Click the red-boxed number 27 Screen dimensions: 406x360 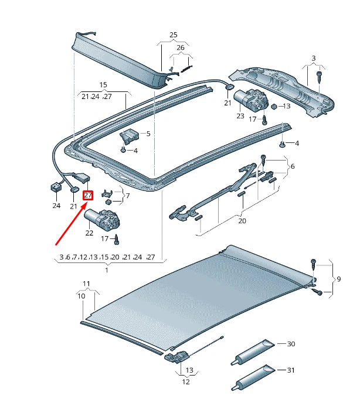(x=88, y=196)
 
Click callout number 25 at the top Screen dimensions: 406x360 (x=173, y=35)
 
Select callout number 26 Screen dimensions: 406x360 (x=181, y=47)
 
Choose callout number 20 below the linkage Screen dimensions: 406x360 (x=242, y=221)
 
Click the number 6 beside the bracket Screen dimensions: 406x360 (x=292, y=166)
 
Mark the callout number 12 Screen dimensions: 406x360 (x=186, y=382)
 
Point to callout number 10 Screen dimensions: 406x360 (x=81, y=296)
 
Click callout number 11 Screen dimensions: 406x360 (x=87, y=284)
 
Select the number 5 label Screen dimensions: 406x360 (x=148, y=134)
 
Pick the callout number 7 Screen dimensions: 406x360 (x=128, y=196)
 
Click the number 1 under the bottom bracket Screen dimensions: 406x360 (x=107, y=269)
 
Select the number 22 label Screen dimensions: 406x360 (x=89, y=233)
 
